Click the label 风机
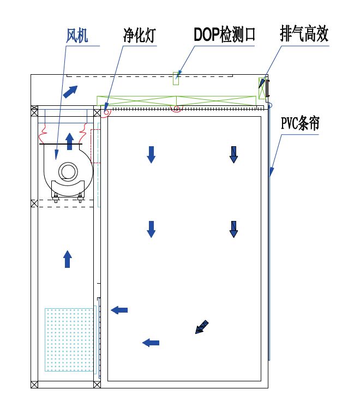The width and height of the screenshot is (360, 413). point(77,36)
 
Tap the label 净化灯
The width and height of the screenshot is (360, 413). point(139,36)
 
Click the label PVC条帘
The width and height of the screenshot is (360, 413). point(300,123)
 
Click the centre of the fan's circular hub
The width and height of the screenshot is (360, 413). point(68,172)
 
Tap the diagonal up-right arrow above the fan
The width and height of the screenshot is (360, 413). point(70,92)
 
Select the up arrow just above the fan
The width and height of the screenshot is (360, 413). point(69,141)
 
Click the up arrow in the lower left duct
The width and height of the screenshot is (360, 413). point(67,259)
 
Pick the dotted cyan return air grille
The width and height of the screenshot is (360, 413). point(70,339)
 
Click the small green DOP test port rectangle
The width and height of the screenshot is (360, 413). point(176,78)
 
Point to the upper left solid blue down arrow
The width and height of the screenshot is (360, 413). point(151,154)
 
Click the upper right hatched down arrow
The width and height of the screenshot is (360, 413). point(233,155)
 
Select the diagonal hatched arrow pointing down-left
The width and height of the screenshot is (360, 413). point(202,327)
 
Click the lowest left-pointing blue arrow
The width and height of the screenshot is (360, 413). point(151,343)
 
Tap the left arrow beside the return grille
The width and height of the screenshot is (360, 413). point(119,310)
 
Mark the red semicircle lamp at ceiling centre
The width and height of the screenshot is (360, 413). point(176,109)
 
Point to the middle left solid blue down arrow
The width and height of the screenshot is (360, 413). point(151,229)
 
